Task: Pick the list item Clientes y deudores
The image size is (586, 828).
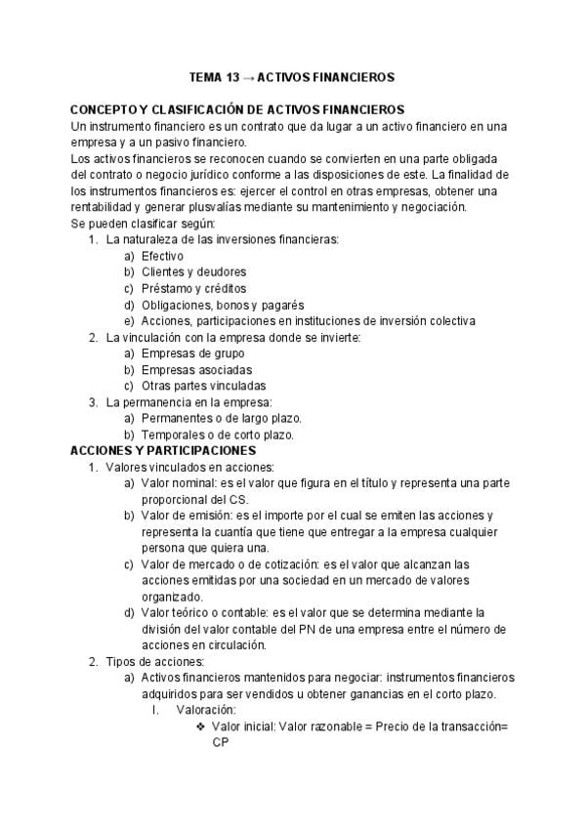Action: tap(193, 272)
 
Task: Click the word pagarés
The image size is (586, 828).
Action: tap(282, 306)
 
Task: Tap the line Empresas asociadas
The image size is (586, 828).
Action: tap(196, 370)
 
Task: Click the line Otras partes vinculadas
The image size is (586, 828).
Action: tap(203, 387)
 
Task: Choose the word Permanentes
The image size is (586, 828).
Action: tap(177, 419)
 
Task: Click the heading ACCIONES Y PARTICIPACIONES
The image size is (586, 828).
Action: tap(163, 451)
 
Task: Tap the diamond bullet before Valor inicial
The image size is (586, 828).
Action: tap(201, 727)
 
